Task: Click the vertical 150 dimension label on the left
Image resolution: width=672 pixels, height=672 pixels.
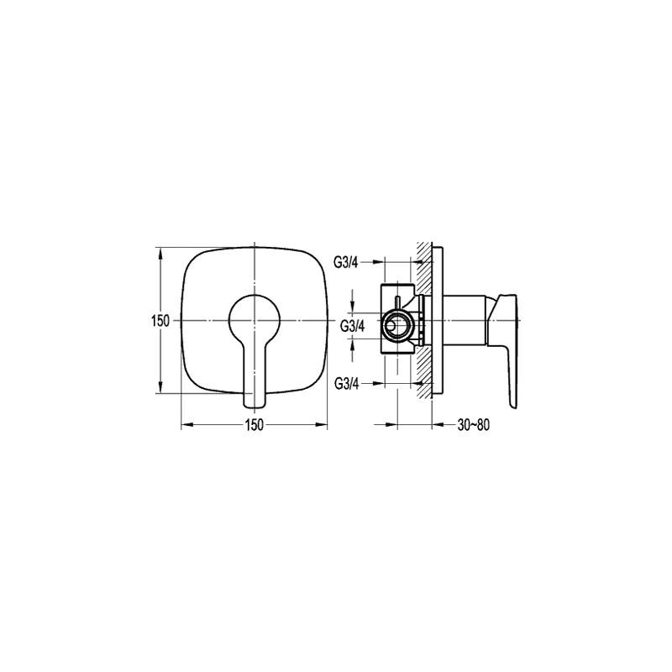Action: click(x=160, y=321)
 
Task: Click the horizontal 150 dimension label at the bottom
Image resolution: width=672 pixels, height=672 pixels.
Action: click(x=255, y=425)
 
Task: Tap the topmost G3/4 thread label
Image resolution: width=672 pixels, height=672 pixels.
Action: click(x=346, y=262)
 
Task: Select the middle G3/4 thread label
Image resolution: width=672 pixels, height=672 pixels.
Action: click(x=352, y=326)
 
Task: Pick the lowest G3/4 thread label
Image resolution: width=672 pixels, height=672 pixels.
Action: click(x=346, y=384)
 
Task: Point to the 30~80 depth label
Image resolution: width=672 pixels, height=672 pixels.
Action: click(x=474, y=425)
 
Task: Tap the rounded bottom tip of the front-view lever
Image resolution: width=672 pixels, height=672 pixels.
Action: click(x=255, y=404)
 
